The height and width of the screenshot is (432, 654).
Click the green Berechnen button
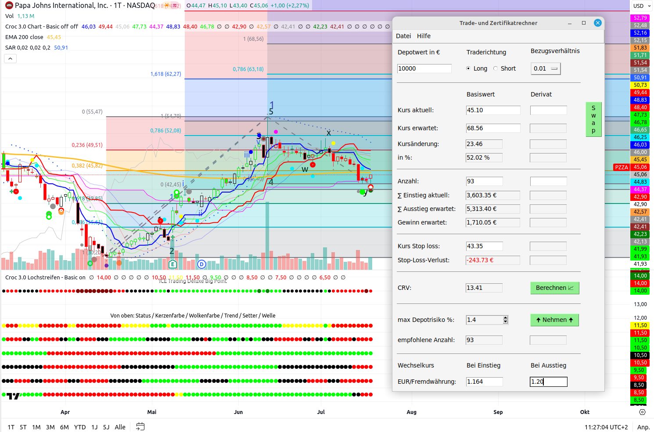coord(555,288)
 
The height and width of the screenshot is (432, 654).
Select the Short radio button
coord(496,68)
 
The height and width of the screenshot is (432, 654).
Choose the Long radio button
coord(468,68)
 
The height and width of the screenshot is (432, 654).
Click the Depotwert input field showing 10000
coord(424,68)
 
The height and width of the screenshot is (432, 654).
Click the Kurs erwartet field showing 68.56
coord(493,128)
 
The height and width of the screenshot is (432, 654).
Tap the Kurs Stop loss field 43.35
coord(484,246)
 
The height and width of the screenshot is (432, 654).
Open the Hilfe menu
coord(424,36)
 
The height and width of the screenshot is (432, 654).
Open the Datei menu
coord(403,36)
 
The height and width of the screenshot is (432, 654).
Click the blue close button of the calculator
coord(597,23)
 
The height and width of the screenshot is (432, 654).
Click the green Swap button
coord(593,119)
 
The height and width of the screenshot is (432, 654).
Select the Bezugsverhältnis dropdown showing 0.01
coord(546,68)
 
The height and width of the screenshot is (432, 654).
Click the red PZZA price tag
coord(621,167)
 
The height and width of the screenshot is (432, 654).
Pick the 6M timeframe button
coord(64,427)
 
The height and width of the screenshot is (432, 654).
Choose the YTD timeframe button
coord(80,427)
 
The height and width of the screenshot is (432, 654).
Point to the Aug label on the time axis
coord(411,412)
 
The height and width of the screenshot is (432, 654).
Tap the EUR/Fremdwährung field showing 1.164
coord(484,382)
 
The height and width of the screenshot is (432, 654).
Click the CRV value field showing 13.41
coord(484,288)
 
